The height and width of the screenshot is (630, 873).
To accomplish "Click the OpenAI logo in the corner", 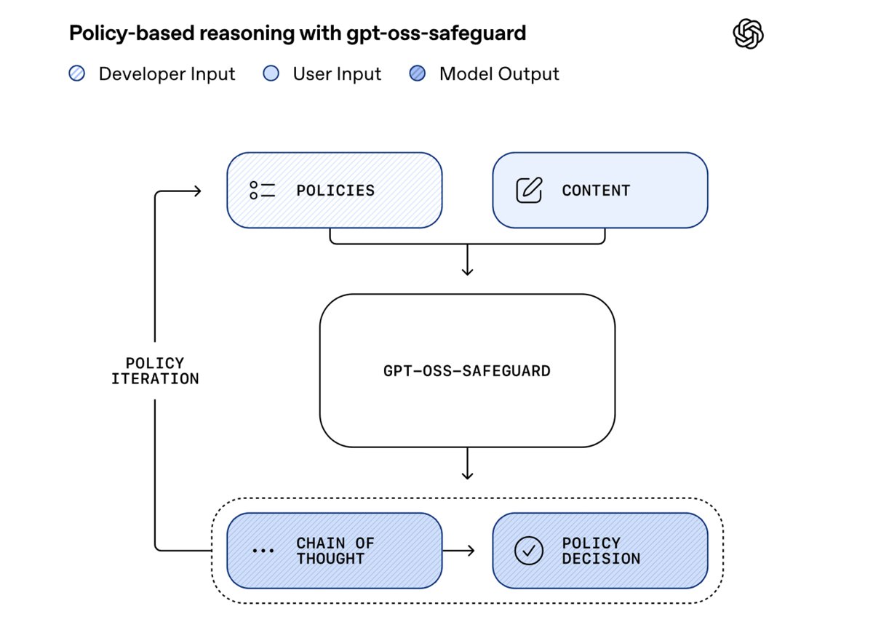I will coord(748,34).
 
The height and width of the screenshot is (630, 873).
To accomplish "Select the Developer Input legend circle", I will coord(77,74).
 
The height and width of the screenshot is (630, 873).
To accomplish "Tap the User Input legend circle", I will coord(271,74).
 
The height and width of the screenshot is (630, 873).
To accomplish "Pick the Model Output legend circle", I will coord(418,74).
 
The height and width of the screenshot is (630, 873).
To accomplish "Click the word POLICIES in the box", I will coord(335,191).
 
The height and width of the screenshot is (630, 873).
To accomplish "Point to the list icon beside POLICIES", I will coord(262,191).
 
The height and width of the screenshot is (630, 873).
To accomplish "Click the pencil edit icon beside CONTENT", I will coord(529,191).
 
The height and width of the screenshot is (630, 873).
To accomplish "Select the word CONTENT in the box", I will coord(596,191).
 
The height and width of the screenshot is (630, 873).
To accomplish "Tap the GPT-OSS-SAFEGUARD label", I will coord(467,371).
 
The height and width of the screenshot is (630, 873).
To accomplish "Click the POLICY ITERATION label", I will coord(155,371).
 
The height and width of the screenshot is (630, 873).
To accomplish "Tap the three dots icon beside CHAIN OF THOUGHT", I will coord(262,551).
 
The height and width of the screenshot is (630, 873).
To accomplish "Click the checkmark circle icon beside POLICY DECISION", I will coord(529,551).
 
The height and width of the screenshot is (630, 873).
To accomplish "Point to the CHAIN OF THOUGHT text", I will coord(335,551).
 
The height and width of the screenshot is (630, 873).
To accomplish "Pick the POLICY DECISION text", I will coord(601,551).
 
